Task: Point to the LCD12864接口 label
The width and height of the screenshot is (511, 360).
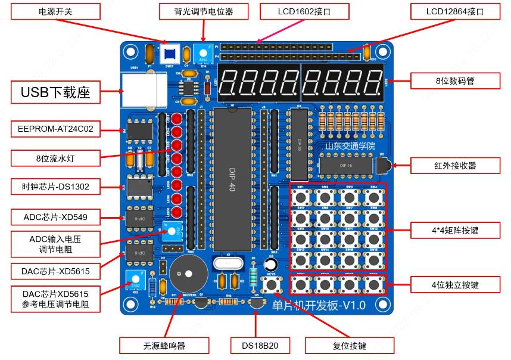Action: point(455,11)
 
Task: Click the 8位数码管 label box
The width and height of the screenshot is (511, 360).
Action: point(455,80)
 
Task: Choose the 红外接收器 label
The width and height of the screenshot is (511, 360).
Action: point(455,165)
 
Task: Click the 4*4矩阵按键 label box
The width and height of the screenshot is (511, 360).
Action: point(455,230)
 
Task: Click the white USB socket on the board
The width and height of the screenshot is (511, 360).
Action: point(144,90)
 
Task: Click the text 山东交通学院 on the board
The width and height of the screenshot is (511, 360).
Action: point(351,145)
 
